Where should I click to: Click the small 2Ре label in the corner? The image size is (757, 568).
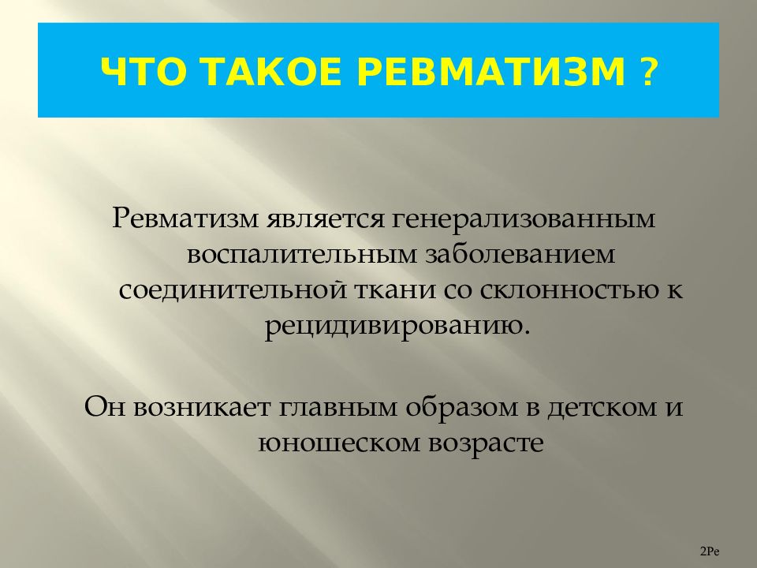[x=709, y=551]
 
